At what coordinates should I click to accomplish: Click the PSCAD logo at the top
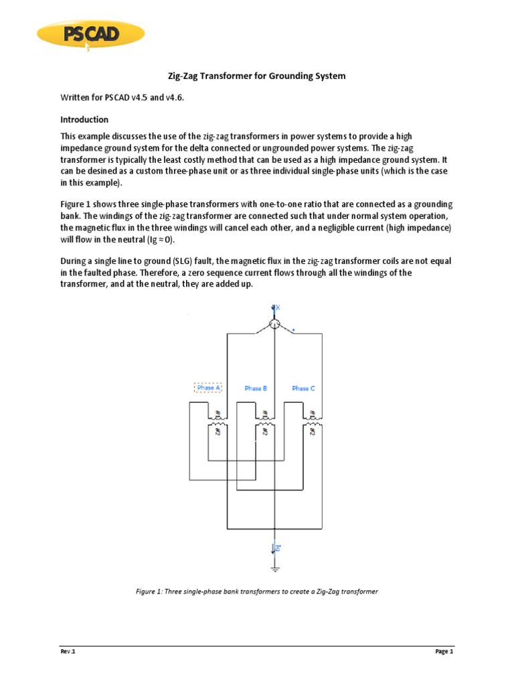[90, 34]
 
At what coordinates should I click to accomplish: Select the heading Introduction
[84, 120]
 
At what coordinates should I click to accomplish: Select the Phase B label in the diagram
[256, 388]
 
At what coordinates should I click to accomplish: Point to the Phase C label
[303, 388]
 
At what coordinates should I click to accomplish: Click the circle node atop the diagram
[274, 324]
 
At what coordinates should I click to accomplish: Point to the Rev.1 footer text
[68, 651]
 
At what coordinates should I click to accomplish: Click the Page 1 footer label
[444, 651]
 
